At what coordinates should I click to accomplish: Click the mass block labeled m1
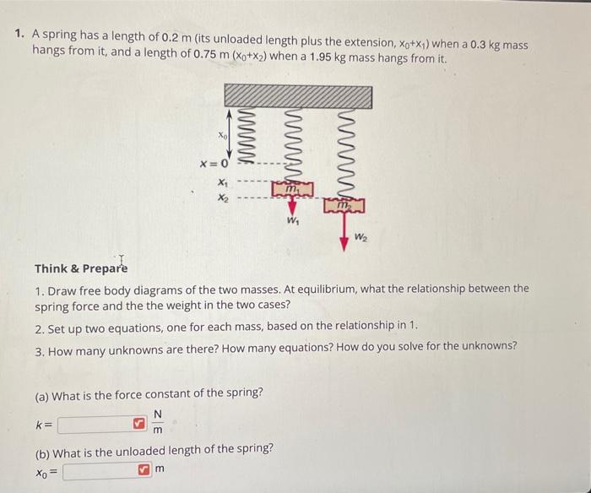(291, 190)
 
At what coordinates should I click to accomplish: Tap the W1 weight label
(293, 223)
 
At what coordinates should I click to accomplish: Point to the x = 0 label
(214, 164)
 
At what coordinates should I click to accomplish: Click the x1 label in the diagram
(222, 181)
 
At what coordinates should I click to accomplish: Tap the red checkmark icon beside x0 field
(144, 469)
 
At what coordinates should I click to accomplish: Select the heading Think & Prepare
(81, 268)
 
